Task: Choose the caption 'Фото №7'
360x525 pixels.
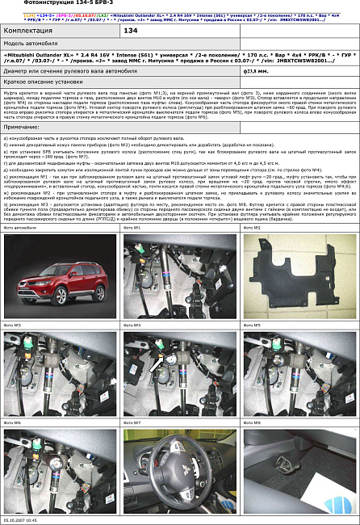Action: click(x=132, y=422)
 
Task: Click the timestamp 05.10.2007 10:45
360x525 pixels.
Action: click(x=25, y=521)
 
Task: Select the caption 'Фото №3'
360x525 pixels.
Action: click(x=13, y=325)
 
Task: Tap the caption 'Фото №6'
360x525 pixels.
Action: click(x=13, y=422)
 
